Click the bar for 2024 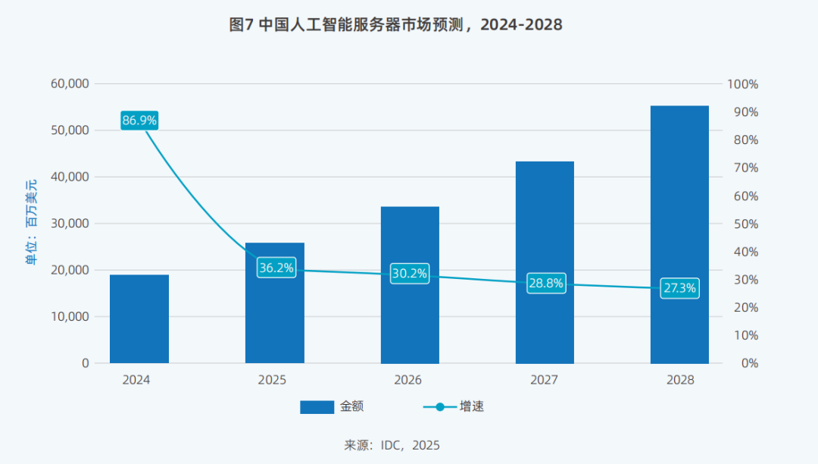tap(139, 318)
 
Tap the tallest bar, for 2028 tap(679, 235)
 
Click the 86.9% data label tap(139, 120)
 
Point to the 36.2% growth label tap(276, 268)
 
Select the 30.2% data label tap(410, 273)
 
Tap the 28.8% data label tap(545, 284)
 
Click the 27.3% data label tap(679, 288)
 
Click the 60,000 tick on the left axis tap(70, 83)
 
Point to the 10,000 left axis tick tap(70, 316)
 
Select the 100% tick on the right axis tap(742, 83)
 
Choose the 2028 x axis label tap(679, 380)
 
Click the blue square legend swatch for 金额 tap(317, 407)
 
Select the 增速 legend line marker tap(439, 407)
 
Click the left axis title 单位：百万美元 tap(32, 223)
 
